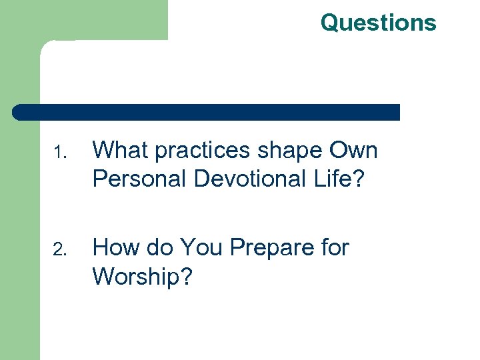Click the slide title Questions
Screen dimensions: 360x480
378,23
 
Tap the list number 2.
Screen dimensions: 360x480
60,250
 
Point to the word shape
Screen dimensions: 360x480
290,152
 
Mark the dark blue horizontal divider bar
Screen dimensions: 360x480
207,112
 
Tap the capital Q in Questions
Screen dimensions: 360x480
329,23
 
